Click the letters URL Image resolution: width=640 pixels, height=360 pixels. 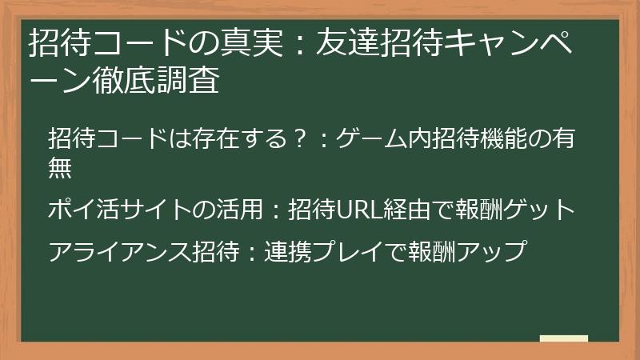click(357, 210)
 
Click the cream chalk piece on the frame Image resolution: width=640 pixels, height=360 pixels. click(563, 339)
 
